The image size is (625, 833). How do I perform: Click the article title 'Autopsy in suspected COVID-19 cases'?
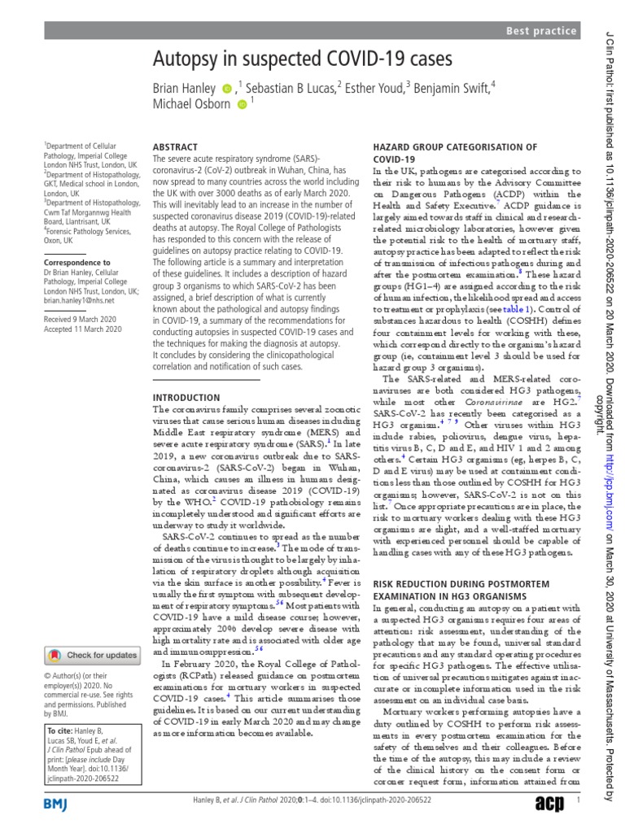(x=302, y=60)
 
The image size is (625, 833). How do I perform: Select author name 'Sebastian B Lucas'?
(x=291, y=86)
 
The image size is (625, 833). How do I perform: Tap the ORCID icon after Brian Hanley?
(x=227, y=87)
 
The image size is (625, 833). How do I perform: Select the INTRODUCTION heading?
(x=187, y=397)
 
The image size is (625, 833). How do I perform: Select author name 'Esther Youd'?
(x=374, y=86)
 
